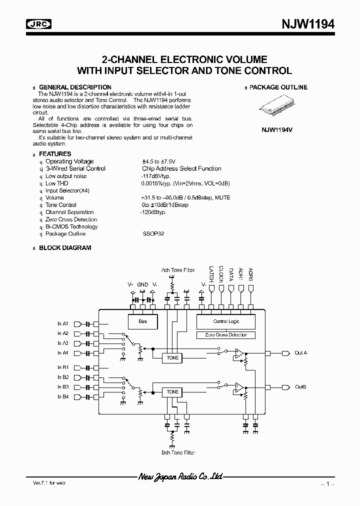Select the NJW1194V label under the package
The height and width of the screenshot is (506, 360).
(277, 128)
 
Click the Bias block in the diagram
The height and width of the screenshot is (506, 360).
(142, 321)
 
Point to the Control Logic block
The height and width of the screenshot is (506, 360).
(226, 321)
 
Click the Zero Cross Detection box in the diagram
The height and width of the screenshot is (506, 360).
(226, 335)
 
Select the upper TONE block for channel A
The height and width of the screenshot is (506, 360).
(172, 358)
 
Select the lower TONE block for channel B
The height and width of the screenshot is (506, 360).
(172, 392)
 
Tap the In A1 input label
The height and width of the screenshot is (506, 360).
(62, 323)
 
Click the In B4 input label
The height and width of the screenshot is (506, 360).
(62, 396)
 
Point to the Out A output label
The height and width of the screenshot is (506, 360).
(301, 353)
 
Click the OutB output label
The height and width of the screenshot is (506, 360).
(300, 387)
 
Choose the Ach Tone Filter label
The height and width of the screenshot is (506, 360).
(178, 270)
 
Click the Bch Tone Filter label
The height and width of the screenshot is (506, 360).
(178, 452)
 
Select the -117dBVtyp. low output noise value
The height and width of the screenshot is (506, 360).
(156, 176)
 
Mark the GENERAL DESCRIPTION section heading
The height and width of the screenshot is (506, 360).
(75, 87)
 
